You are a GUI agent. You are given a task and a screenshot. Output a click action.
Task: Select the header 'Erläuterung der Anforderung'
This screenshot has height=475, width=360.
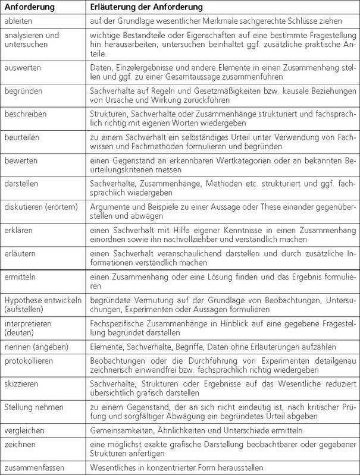click(x=146, y=7)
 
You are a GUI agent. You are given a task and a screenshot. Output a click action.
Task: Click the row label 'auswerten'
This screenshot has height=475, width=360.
click(x=23, y=68)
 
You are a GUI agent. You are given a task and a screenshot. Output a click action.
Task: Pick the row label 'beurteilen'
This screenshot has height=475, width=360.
click(x=23, y=137)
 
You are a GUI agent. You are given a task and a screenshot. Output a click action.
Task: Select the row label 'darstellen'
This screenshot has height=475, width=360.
click(x=23, y=184)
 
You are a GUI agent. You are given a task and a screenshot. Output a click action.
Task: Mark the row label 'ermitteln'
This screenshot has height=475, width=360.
click(x=21, y=277)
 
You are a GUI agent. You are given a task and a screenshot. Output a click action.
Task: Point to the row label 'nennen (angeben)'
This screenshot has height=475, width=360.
click(x=36, y=347)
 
